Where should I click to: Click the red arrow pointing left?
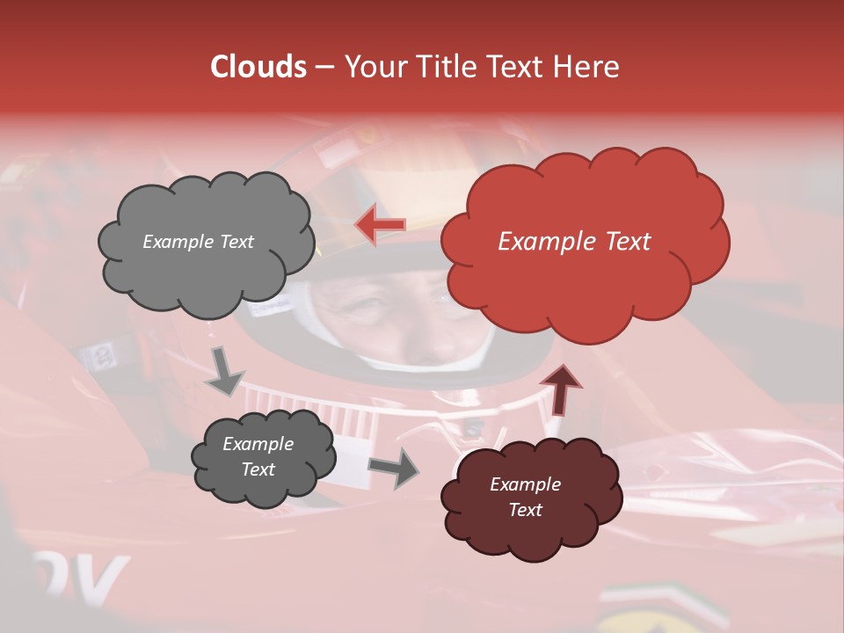381,225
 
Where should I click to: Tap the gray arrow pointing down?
224,371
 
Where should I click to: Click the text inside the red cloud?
574,242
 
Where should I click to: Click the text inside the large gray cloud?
198,242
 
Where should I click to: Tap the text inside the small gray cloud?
258,456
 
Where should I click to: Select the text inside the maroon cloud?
525,497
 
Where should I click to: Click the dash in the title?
324,67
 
